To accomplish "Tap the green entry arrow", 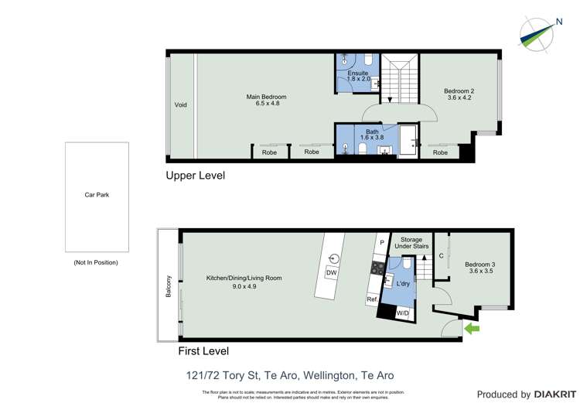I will [471, 329].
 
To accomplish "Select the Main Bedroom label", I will [266, 100].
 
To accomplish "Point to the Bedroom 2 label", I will [459, 94].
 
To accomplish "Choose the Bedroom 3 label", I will [479, 268].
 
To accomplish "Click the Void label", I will [180, 105].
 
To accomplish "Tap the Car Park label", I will [97, 195].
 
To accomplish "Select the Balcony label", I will [167, 285].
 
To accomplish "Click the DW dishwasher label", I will [332, 273].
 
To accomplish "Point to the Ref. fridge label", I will [372, 299].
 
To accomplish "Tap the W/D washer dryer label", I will [402, 313].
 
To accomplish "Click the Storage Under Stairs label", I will [411, 244].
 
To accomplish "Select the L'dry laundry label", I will [403, 284].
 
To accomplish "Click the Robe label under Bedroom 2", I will [440, 152].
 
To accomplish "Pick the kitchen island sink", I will [334, 258].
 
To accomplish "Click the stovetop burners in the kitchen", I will [378, 268].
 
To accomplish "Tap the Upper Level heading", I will [196, 176].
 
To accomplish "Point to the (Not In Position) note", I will [96, 262].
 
